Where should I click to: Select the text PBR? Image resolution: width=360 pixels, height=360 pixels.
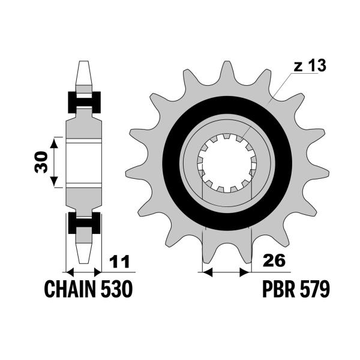pos(277,290)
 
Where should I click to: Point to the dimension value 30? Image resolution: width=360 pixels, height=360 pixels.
pos(41,161)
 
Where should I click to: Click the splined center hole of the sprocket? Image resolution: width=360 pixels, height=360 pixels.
pos(228,163)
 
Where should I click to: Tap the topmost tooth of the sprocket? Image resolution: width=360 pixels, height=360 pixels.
pos(226,71)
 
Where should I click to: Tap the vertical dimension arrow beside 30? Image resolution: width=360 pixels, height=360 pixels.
pos(54,161)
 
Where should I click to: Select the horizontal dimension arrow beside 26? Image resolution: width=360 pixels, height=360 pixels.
pos(226,272)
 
